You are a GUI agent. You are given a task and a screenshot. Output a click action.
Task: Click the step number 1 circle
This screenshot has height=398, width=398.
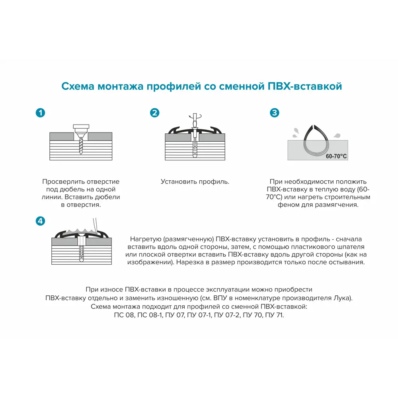(40, 113)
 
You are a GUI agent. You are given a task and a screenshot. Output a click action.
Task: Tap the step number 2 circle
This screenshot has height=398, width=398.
(154, 113)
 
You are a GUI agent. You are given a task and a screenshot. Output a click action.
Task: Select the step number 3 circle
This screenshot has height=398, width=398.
(275, 113)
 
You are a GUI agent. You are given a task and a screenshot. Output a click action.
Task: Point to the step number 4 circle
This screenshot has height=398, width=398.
(40, 221)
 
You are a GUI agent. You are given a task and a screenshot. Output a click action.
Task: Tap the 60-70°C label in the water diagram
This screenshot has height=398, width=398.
(336, 156)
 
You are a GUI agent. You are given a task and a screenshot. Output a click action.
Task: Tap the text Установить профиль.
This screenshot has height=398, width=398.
(195, 181)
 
